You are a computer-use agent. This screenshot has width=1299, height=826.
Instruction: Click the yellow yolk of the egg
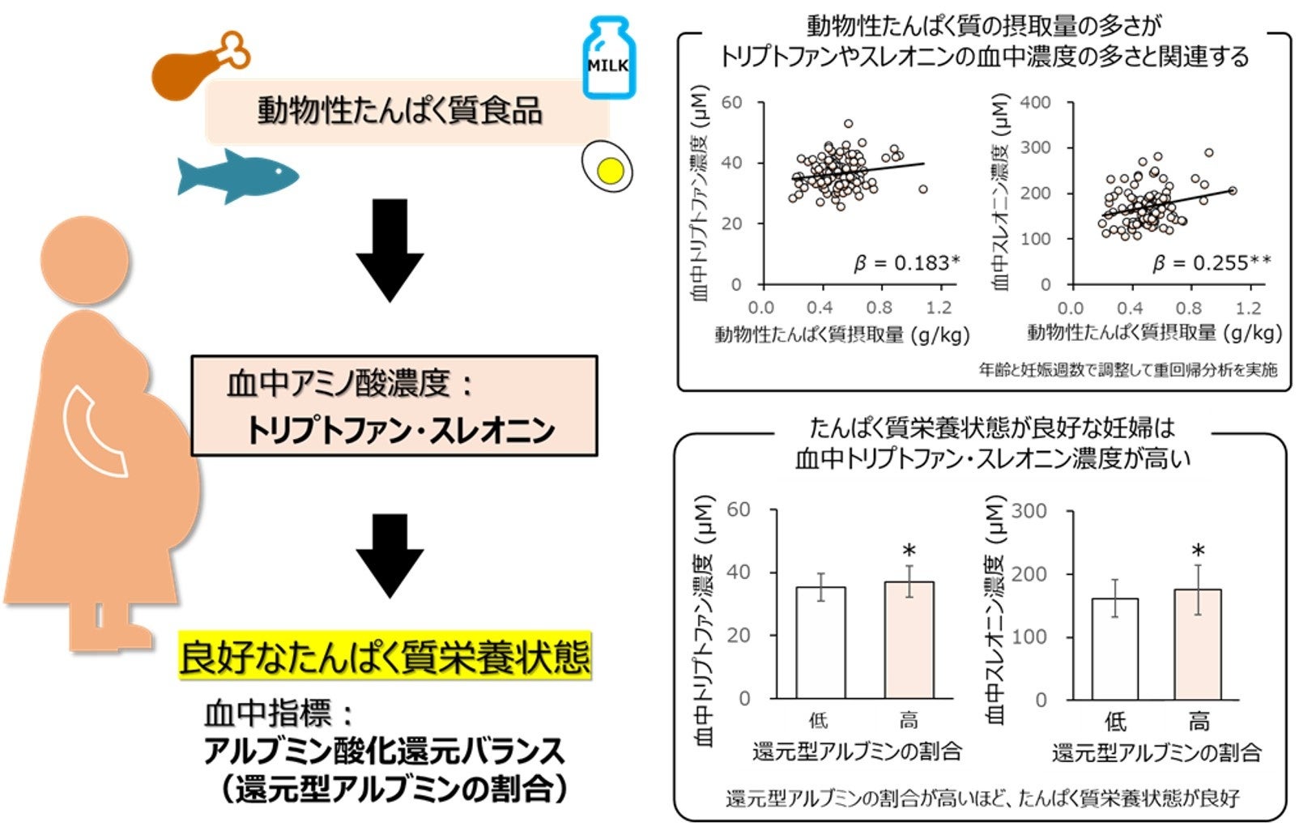[x=610, y=170]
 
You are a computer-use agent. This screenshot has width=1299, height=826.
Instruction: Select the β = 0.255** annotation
[x=1212, y=263]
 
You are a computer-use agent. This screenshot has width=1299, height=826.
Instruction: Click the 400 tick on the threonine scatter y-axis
[x=1035, y=103]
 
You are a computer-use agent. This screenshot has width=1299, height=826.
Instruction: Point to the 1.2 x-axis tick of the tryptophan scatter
[x=939, y=308]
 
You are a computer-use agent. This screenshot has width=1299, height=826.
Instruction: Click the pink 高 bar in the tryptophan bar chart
[x=909, y=640]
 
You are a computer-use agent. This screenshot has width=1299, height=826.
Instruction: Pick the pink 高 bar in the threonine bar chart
[x=1197, y=644]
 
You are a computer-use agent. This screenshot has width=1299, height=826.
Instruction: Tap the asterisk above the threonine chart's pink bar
[x=1198, y=552]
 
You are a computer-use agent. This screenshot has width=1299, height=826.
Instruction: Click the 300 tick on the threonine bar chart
[x=1029, y=511]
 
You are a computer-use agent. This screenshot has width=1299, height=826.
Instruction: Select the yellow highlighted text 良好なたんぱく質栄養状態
[x=385, y=657]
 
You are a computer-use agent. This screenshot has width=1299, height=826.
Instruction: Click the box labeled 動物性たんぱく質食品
[x=401, y=112]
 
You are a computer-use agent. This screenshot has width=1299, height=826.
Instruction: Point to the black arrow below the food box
[x=390, y=251]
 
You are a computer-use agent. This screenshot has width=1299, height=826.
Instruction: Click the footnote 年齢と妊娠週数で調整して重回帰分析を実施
[x=1127, y=370]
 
